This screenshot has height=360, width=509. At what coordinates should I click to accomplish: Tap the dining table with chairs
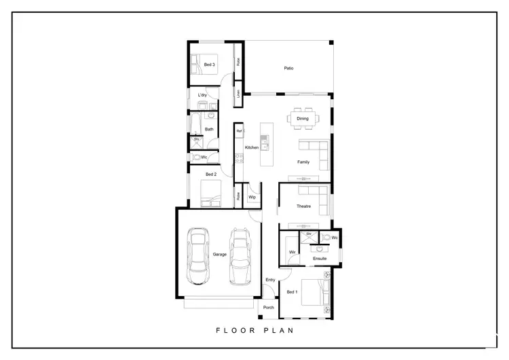[302, 119]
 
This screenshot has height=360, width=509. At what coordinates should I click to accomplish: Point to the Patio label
[288, 68]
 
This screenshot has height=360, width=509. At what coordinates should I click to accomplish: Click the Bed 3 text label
[210, 65]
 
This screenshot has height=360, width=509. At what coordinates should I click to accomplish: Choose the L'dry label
[202, 95]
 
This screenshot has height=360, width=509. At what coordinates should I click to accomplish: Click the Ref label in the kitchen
[239, 130]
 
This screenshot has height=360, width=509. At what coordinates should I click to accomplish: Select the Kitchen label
[251, 147]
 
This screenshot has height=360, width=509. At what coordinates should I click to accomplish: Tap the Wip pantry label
[251, 197]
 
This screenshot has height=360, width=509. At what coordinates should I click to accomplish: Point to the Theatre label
[303, 206]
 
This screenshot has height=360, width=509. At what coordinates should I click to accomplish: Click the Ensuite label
[320, 258]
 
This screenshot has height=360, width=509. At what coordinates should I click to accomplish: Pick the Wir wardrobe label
[292, 252]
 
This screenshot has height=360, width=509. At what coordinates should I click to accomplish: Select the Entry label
[270, 280]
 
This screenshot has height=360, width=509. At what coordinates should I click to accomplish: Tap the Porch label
[268, 307]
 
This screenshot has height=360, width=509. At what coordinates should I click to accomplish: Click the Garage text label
[219, 254]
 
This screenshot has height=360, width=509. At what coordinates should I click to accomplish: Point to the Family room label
[303, 162]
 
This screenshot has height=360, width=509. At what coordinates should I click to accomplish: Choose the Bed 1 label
[292, 292]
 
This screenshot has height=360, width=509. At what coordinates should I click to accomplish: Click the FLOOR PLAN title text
[254, 331]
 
